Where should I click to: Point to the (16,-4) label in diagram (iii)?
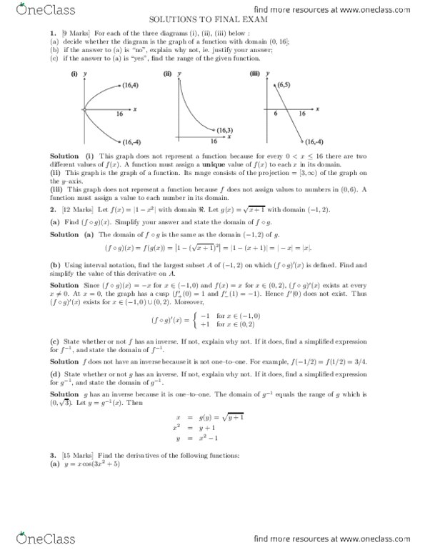[x=314, y=141]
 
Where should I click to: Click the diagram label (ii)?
[x=167, y=74]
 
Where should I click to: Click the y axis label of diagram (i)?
[x=85, y=74]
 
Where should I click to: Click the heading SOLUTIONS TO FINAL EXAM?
[x=212, y=21]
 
